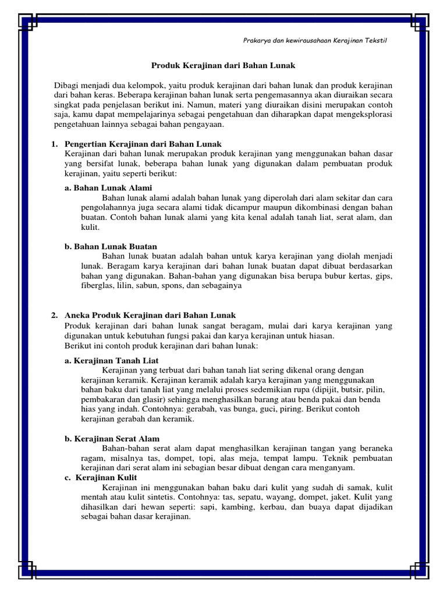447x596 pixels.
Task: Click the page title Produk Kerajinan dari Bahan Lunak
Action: click(223, 66)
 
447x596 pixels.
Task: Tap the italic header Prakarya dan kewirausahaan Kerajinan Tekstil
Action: click(314, 40)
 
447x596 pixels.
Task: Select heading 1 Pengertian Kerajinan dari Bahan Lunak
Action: click(143, 144)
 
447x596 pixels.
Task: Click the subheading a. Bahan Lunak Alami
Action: click(108, 187)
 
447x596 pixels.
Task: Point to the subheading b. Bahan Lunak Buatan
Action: click(111, 246)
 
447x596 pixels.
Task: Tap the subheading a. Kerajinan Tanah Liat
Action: click(112, 360)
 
